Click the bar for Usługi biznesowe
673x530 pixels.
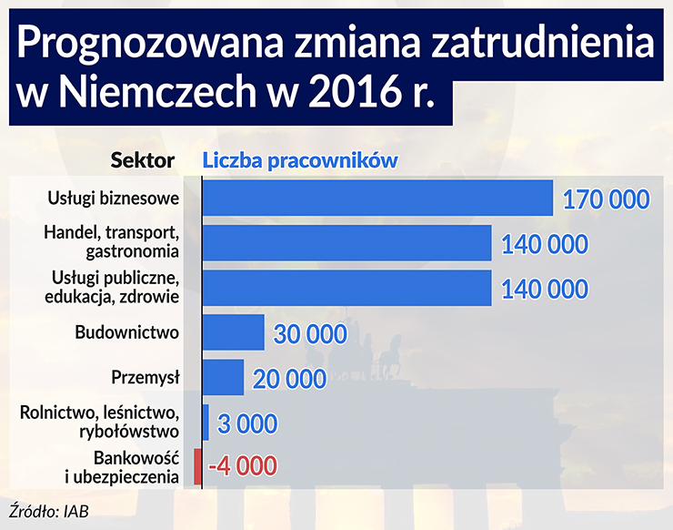click(x=377, y=199)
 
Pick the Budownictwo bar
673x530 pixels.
click(x=233, y=332)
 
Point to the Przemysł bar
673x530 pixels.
click(x=223, y=377)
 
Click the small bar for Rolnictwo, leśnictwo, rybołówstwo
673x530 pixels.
click(x=206, y=422)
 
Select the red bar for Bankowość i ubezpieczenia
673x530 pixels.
click(x=197, y=466)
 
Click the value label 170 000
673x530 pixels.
click(x=606, y=199)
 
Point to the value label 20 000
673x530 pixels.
click(x=288, y=378)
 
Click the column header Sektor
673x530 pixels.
click(x=143, y=160)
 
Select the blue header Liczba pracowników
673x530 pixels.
click(x=300, y=160)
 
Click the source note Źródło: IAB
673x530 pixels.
click(x=51, y=509)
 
